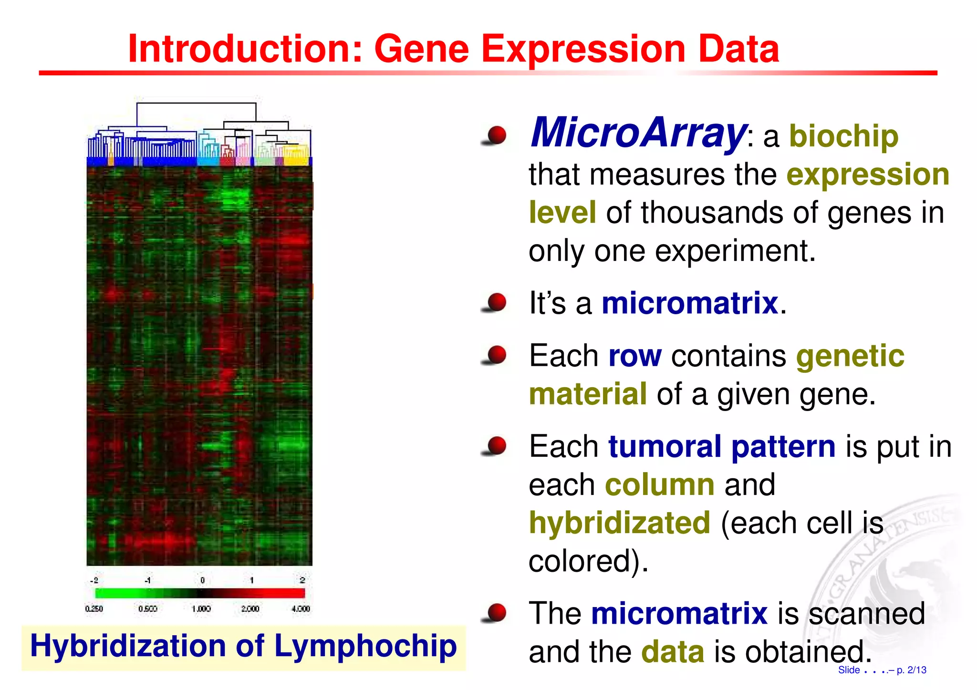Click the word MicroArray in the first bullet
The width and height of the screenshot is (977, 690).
[x=638, y=133]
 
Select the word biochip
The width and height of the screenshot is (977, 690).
[x=843, y=137]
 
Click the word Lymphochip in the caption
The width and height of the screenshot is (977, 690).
[x=365, y=646]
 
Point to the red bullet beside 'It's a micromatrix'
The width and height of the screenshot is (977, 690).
[x=496, y=302]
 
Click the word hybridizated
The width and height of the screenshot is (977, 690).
[x=619, y=523]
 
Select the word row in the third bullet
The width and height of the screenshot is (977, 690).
[x=635, y=356]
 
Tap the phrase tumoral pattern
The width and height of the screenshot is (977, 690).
[x=721, y=447]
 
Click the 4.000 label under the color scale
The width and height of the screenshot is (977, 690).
[x=301, y=609]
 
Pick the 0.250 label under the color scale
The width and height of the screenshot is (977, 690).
[x=94, y=609]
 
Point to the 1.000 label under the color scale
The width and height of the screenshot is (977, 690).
[x=201, y=609]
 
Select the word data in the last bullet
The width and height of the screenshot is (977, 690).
[x=673, y=652]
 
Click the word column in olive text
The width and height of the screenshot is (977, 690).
[x=659, y=485]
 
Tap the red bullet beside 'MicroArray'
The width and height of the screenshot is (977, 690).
[x=496, y=135]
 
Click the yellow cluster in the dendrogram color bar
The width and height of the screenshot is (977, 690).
[x=296, y=160]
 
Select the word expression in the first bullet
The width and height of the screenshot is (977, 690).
[x=868, y=175]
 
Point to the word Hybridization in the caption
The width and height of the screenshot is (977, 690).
[x=127, y=646]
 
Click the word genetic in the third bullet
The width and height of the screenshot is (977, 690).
[x=850, y=356]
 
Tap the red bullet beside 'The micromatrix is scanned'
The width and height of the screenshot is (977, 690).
[x=496, y=613]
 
